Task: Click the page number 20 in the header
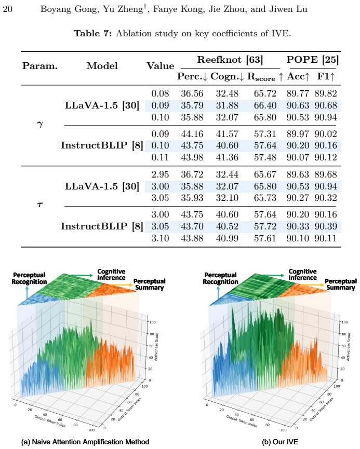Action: [7, 9]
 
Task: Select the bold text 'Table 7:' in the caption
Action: [92, 34]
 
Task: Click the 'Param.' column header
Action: [40, 66]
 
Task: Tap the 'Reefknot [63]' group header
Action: [230, 60]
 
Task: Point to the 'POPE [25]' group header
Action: [312, 60]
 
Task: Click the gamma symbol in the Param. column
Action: [40, 124]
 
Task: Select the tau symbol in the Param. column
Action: [40, 204]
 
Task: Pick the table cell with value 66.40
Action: [265, 105]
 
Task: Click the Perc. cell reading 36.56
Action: [192, 93]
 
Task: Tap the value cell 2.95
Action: [160, 174]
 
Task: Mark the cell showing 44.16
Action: [192, 134]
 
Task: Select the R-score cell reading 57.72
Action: [265, 226]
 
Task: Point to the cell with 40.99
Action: [227, 238]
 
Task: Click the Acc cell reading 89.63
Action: [298, 174]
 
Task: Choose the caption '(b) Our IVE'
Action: [280, 442]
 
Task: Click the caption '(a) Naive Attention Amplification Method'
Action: [85, 442]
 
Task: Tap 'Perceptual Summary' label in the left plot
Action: [149, 284]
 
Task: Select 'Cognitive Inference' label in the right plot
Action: [302, 274]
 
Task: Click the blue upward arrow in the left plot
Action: [27, 293]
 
